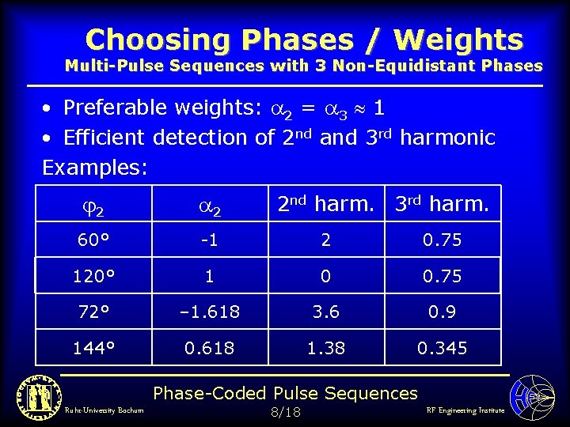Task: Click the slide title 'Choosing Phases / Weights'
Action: click(x=304, y=39)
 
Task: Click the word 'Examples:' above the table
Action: click(x=95, y=167)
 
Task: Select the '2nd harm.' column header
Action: click(x=326, y=204)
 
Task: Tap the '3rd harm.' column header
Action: click(x=442, y=204)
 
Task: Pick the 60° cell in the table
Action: click(x=93, y=240)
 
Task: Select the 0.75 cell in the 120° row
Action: click(x=442, y=276)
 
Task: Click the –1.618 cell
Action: click(x=210, y=312)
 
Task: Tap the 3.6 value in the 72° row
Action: click(x=326, y=312)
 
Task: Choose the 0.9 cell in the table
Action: click(x=442, y=312)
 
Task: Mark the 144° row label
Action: click(x=93, y=348)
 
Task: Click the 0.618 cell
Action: click(x=210, y=348)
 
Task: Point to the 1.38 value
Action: click(x=326, y=348)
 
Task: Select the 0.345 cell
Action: click(x=442, y=348)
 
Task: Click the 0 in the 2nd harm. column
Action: click(x=326, y=276)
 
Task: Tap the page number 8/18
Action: click(x=286, y=412)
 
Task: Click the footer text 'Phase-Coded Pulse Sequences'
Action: click(x=285, y=393)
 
